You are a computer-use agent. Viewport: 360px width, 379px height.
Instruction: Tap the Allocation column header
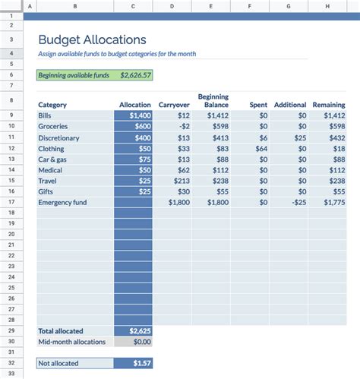[x=135, y=105]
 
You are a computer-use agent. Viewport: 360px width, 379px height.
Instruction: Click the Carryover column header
[x=174, y=105]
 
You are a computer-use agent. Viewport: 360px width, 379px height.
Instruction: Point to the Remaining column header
[x=329, y=105]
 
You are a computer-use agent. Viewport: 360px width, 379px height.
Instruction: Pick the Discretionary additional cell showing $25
[x=300, y=137]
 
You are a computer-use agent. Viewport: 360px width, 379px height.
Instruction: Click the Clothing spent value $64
[x=261, y=149]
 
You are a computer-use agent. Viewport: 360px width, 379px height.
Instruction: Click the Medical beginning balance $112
[x=219, y=171]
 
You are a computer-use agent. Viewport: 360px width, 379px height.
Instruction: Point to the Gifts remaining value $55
[x=337, y=192]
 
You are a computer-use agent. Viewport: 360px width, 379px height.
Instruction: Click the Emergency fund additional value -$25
[x=298, y=204]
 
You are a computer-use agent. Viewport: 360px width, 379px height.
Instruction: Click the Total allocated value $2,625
[x=137, y=331]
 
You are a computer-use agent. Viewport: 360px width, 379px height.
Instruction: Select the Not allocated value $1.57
[x=140, y=364]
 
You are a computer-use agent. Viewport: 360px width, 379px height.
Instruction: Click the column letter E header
[x=212, y=6]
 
